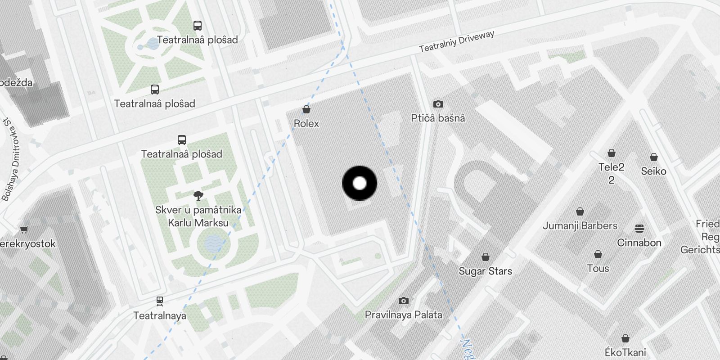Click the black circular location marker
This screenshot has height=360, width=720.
click(360, 183)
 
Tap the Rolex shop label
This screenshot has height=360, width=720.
click(306, 123)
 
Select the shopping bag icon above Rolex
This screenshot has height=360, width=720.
click(306, 109)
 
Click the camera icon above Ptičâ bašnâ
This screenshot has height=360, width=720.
click(438, 104)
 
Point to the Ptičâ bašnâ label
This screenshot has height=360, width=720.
click(438, 118)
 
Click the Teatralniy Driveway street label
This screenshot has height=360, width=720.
click(456, 41)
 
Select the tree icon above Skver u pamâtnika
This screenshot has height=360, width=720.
click(198, 195)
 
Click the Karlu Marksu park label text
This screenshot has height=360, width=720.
click(198, 223)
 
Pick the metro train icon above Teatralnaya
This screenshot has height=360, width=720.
click(160, 301)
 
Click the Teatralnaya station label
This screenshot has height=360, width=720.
click(160, 315)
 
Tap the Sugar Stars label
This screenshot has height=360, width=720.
click(485, 271)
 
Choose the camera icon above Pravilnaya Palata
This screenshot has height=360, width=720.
click(404, 301)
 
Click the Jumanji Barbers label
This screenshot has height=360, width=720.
click(580, 225)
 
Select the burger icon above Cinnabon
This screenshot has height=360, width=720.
click(639, 229)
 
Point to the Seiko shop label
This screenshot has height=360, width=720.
click(653, 171)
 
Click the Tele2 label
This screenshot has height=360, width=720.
click(611, 167)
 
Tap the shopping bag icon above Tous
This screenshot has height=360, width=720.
click(598, 255)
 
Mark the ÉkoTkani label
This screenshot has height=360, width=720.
click(625, 352)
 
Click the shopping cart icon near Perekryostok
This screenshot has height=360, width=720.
click(24, 230)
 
